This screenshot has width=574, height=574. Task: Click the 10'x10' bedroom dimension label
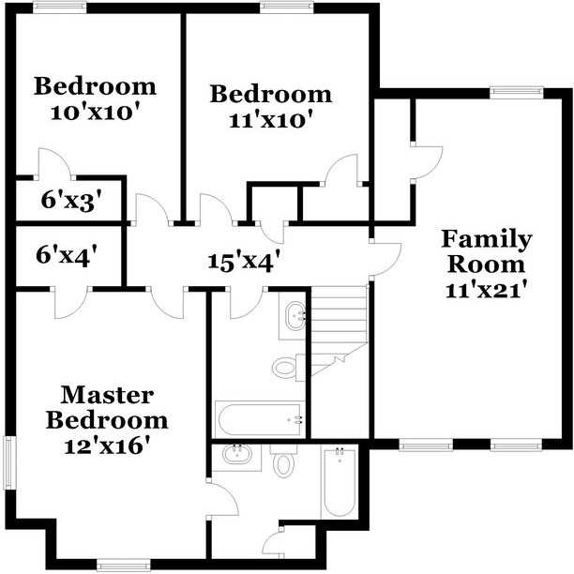[x=96, y=113]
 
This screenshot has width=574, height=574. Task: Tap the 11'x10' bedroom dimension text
[x=271, y=120]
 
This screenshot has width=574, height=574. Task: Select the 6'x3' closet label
[x=71, y=201]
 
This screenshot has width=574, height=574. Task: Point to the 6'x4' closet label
[x=67, y=254]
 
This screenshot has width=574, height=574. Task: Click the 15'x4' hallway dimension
[x=245, y=262]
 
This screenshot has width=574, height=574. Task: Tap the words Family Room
[x=487, y=251]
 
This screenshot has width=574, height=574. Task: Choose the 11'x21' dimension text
[x=487, y=291]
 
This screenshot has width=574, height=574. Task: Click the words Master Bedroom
[x=107, y=407]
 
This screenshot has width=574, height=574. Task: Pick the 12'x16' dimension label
[x=107, y=446]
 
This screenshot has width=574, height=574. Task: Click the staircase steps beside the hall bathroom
[x=339, y=330]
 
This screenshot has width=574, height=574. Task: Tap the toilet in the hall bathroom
[x=289, y=368]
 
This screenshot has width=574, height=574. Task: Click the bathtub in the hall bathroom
[x=261, y=419]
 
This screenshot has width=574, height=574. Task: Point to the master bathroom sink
[x=237, y=457]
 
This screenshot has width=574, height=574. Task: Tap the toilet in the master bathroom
[x=284, y=461]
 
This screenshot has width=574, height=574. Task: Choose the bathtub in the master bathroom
[x=339, y=481]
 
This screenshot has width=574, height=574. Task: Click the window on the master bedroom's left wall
[x=10, y=462]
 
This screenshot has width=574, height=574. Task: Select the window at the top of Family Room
[x=517, y=92]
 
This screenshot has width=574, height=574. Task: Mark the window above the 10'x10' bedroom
[x=60, y=7]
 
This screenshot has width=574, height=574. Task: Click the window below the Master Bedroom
[x=124, y=566]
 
